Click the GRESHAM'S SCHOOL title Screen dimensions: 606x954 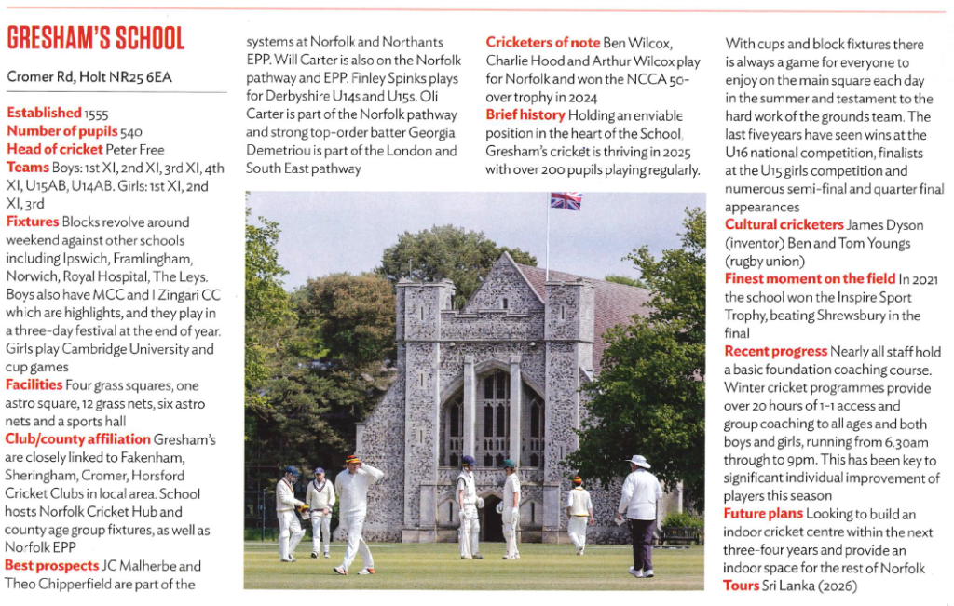pos(96,38)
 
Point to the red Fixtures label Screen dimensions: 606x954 pos(32,222)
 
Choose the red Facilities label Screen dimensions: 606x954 pos(34,384)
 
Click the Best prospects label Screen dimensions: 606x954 pos(52,565)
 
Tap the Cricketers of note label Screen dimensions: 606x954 pos(543,43)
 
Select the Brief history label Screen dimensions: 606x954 pos(525,115)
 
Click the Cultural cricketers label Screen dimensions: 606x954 pos(784,224)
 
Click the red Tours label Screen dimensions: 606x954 pos(741,586)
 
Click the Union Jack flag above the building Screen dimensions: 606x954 pos(566,200)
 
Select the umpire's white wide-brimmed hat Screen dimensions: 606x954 pos(638,461)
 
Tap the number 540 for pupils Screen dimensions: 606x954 pos(127,131)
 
